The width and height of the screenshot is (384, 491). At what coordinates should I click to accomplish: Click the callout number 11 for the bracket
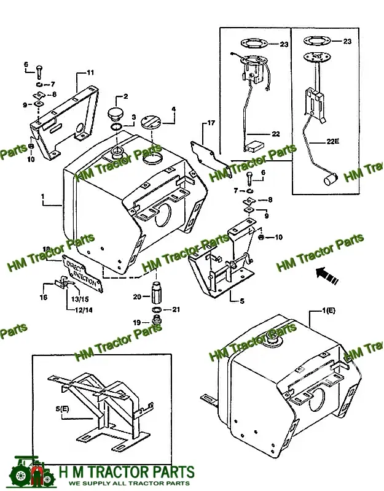point(90,72)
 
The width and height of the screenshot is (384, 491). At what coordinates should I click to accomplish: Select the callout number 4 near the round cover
point(173,110)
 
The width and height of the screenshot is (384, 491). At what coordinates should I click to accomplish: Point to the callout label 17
point(211,123)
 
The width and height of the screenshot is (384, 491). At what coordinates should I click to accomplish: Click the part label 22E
point(332,141)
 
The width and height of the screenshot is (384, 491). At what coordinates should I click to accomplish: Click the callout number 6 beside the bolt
point(262,173)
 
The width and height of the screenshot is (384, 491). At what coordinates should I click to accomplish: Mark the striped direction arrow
point(327,274)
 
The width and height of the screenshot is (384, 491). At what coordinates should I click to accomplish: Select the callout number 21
point(176,309)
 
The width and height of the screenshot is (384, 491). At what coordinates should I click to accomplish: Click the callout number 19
point(136,322)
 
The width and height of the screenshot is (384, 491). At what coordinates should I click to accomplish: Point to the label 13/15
point(80,299)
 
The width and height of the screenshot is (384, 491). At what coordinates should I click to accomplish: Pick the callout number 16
point(44,298)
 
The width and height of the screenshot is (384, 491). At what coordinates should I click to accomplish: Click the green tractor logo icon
point(28,473)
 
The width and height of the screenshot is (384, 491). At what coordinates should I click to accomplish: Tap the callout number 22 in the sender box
point(275,134)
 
